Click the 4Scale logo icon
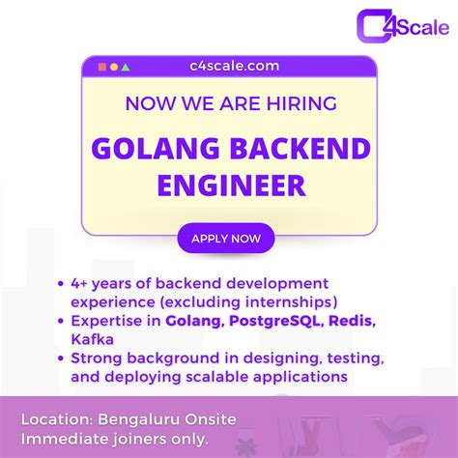tap(376, 24)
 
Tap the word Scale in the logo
tap(422, 26)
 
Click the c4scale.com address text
tap(228, 66)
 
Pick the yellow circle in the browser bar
tap(114, 67)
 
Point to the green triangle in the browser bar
tap(126, 67)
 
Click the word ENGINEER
tap(229, 185)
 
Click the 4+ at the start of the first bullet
tap(80, 284)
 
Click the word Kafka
tap(92, 339)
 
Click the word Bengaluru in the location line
tap(136, 420)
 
